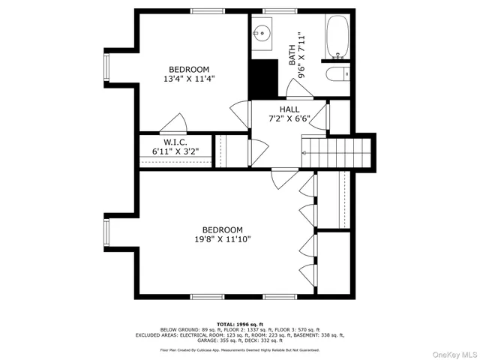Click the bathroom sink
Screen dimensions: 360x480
(x=262, y=33)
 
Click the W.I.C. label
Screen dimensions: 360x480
(x=175, y=142)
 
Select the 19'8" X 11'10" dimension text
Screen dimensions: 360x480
(x=223, y=240)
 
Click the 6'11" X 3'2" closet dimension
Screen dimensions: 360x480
(x=175, y=152)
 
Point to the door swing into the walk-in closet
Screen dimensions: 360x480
(x=175, y=123)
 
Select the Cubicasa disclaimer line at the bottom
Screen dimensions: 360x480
(x=239, y=350)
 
